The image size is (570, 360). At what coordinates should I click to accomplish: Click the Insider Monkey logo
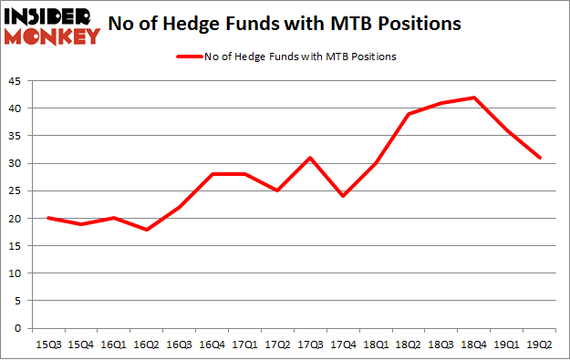(x=51, y=26)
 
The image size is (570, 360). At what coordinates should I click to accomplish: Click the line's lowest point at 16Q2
(x=146, y=230)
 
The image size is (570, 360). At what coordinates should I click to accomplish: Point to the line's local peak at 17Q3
(x=310, y=158)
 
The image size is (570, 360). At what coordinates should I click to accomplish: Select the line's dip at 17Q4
(x=343, y=196)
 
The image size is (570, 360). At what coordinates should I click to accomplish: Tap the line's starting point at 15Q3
(x=47, y=218)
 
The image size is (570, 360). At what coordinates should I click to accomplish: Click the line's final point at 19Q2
(x=540, y=158)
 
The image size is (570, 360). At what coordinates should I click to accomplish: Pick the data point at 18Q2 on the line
(x=409, y=114)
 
